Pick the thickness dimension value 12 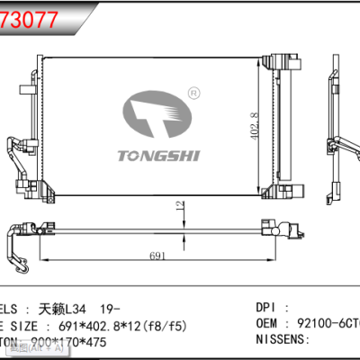point(178,206)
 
